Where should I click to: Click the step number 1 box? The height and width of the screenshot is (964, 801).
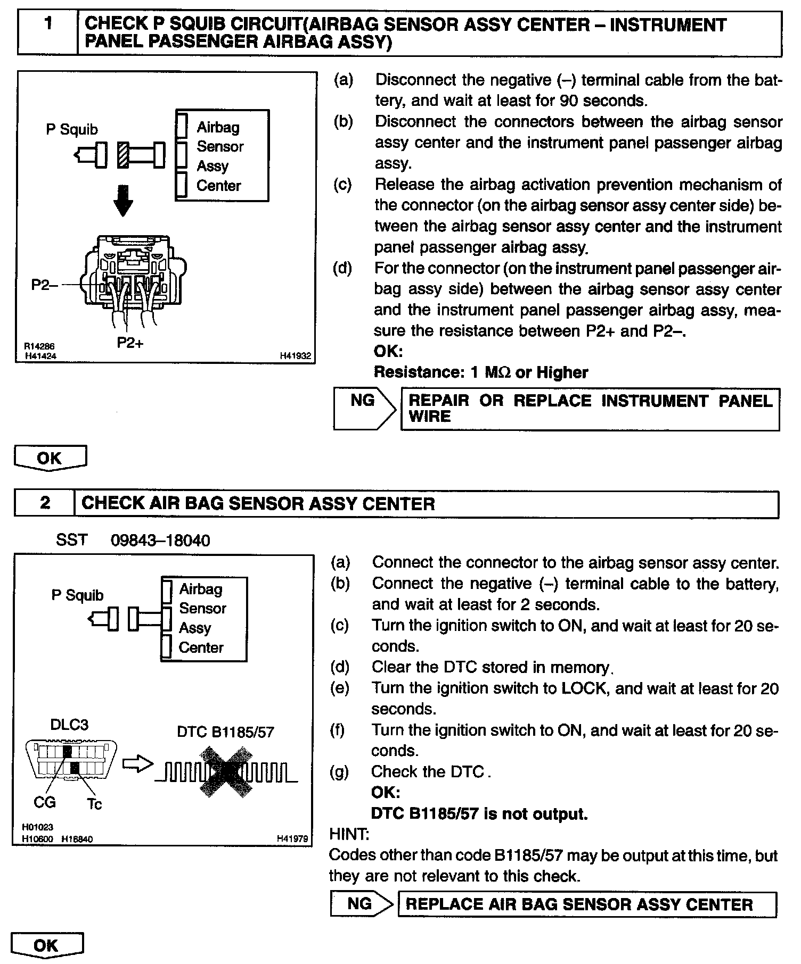click(x=48, y=33)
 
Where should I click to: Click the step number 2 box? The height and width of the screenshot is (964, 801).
click(x=45, y=503)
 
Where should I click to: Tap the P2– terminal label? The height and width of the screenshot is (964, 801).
click(x=43, y=285)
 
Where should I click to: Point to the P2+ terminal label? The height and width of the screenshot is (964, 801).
click(x=130, y=343)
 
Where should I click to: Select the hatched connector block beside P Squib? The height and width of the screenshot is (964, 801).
click(x=124, y=155)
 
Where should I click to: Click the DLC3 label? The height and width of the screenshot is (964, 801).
click(x=69, y=725)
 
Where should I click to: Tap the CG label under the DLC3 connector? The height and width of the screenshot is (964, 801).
click(x=44, y=802)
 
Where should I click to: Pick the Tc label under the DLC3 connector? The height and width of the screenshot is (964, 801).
click(x=94, y=803)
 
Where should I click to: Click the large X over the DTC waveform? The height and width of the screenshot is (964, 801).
click(x=226, y=771)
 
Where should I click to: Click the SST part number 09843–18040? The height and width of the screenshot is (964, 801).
click(x=160, y=541)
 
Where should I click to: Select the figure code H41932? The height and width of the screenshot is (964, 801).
click(x=295, y=356)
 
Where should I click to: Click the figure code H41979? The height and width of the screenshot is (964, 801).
click(x=292, y=839)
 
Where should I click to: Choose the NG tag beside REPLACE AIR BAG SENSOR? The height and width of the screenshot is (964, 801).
click(x=359, y=903)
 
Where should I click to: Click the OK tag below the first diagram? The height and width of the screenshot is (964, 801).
click(x=50, y=458)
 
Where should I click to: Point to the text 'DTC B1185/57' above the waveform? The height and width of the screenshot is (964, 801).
click(x=225, y=732)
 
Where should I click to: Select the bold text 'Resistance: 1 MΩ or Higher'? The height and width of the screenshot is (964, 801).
click(x=481, y=372)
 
